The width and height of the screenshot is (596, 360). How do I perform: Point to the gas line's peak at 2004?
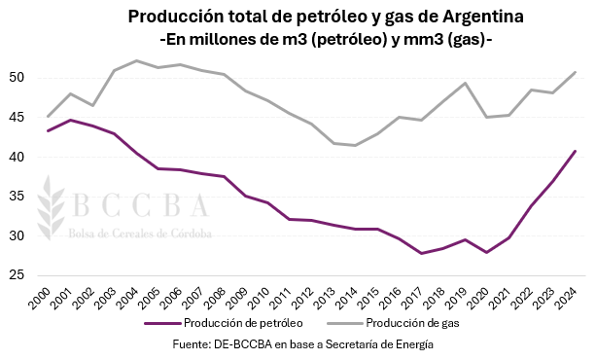[x=136, y=60]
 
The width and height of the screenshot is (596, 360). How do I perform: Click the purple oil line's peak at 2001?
[x=70, y=120]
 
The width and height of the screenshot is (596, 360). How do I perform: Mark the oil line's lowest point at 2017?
[x=423, y=253]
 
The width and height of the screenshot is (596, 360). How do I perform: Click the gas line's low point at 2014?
[x=356, y=145]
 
